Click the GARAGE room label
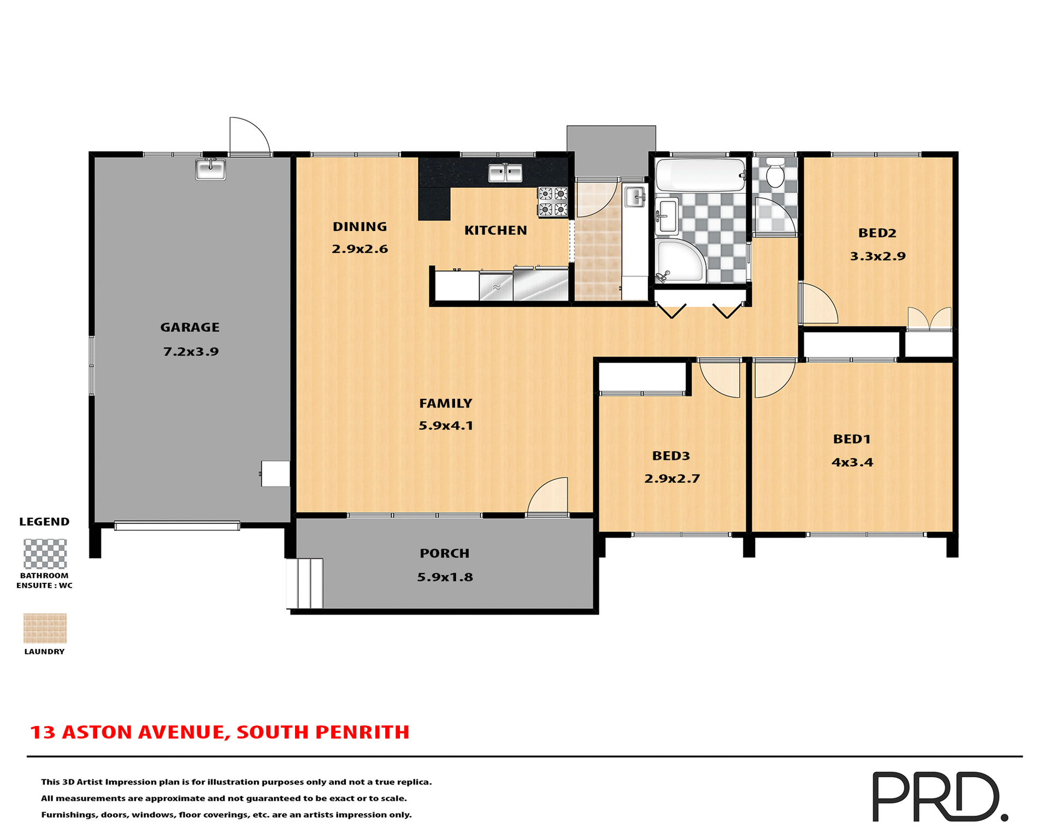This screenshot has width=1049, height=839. (190, 327)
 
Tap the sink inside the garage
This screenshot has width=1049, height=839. (210, 169)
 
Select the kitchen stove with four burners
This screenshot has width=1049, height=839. (552, 202)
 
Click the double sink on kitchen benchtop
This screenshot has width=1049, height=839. (505, 173)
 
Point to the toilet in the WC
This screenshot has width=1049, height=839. (775, 173)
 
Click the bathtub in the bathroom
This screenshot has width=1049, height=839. (700, 175)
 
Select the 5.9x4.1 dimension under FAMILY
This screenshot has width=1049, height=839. (446, 426)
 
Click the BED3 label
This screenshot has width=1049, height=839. (671, 456)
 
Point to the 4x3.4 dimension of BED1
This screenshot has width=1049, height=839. (852, 462)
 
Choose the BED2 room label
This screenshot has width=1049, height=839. (877, 233)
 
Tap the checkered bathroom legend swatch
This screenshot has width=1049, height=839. (45, 554)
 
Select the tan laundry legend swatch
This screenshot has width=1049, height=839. (45, 628)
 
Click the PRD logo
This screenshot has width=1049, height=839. (939, 796)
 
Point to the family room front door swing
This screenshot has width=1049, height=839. (549, 496)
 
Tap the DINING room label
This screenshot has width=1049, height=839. (360, 227)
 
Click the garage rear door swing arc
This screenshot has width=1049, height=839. (249, 136)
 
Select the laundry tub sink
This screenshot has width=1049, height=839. (634, 197)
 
